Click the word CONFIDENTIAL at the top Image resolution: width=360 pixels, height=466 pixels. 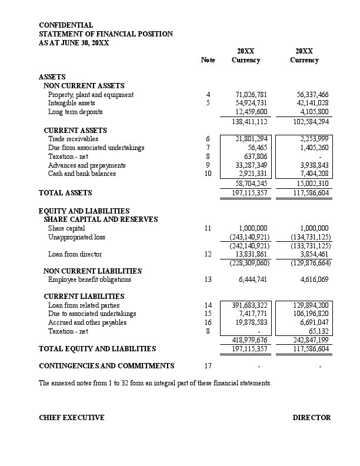[66, 25]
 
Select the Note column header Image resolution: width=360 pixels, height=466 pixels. [208, 60]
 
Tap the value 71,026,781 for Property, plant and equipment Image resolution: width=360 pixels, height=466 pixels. [251, 95]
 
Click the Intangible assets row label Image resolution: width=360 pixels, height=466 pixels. [71, 103]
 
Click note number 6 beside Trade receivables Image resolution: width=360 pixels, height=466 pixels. [208, 139]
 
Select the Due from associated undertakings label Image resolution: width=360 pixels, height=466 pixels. [96, 148]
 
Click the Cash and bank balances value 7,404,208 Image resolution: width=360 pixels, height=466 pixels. [312, 174]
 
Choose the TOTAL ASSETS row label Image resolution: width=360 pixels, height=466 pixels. [65, 192]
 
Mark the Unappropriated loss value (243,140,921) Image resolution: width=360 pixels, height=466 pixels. [249, 237]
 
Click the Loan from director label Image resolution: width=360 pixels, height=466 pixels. [75, 254]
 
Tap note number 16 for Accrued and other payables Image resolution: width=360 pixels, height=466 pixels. [208, 322]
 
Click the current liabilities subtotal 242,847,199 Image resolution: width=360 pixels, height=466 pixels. [311, 340]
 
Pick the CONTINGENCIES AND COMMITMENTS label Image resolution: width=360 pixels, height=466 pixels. [106, 366]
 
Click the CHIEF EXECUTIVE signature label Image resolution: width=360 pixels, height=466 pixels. [71, 418]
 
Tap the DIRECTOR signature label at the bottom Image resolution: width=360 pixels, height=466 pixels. [312, 418]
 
